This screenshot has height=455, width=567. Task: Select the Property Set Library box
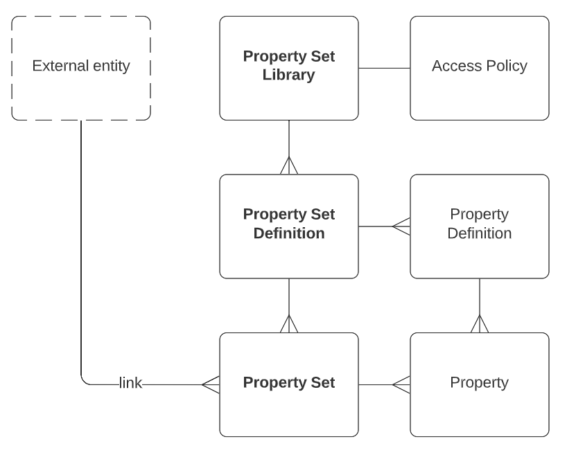289,97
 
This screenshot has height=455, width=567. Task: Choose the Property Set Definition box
289,256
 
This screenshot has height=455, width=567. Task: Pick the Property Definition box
480,256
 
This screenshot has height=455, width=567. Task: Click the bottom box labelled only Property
480,409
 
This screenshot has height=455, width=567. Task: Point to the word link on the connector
131,383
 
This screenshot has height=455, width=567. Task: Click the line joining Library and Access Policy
384,68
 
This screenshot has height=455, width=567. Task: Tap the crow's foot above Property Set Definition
289,166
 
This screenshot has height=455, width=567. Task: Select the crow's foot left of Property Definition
401,226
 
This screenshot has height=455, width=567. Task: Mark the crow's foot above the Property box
480,324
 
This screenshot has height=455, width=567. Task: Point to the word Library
289,75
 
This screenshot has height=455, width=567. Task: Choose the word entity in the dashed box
109,66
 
